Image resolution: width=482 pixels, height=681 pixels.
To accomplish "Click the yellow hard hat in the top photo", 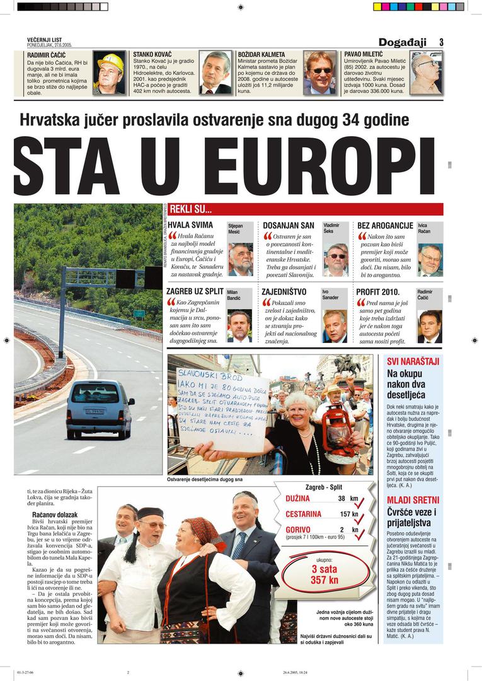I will click(111, 62).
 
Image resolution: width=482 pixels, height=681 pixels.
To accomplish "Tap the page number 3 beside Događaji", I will click(441, 42).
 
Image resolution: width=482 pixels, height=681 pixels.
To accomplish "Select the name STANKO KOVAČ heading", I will click(152, 55).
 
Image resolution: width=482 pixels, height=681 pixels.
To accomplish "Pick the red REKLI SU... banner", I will click(306, 209).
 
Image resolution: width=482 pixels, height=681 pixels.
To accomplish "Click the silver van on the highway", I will click(100, 408).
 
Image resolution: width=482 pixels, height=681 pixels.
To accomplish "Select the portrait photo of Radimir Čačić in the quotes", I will click(430, 326).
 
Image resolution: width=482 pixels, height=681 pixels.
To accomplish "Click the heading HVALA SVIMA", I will click(191, 226).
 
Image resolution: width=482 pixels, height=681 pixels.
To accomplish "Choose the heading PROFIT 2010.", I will click(377, 292).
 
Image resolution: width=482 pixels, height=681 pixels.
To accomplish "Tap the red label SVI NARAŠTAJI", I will click(413, 361).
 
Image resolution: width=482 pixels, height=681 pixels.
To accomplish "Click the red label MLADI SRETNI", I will click(410, 500).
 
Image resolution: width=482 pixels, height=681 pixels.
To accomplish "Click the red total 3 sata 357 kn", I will click(324, 574).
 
